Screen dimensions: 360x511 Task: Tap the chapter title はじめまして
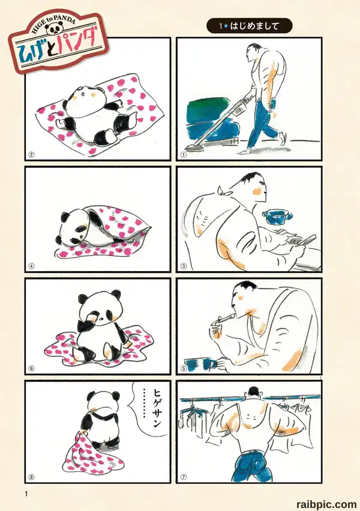254,26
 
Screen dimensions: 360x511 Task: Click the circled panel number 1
184,155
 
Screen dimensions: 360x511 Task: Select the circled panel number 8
32,477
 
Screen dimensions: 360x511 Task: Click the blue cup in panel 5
200,364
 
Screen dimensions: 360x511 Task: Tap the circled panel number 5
184,368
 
